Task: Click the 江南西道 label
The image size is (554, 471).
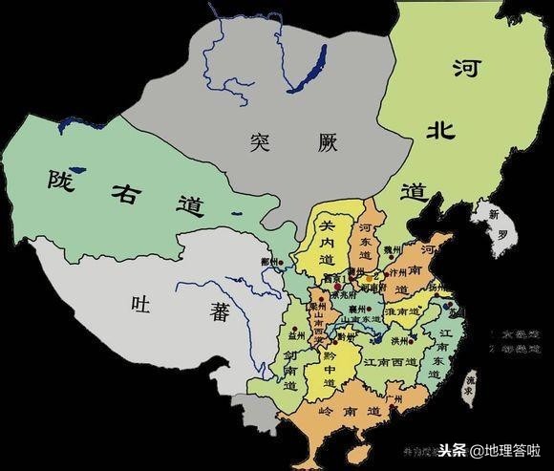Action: (x=383, y=364)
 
